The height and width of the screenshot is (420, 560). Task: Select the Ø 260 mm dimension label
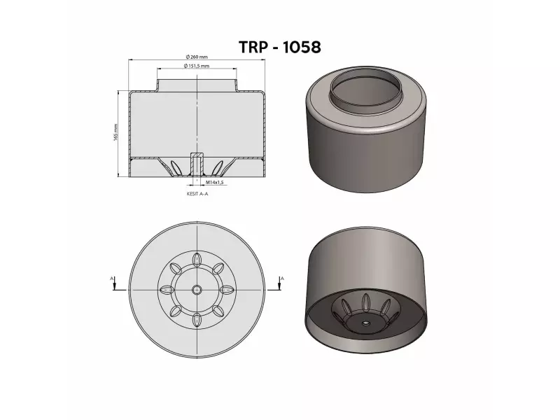(x=198, y=57)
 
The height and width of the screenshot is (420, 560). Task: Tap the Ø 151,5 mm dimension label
(x=197, y=66)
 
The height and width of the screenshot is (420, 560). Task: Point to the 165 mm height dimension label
(x=115, y=132)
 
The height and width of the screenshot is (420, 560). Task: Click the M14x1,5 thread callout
(x=214, y=182)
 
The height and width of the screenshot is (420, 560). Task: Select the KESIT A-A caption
(x=198, y=197)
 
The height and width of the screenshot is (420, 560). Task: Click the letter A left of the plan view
(x=112, y=279)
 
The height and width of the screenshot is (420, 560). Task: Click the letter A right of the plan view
(x=282, y=279)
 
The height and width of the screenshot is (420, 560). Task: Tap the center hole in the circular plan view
(x=197, y=289)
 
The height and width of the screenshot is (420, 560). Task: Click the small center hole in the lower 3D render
(x=365, y=324)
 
